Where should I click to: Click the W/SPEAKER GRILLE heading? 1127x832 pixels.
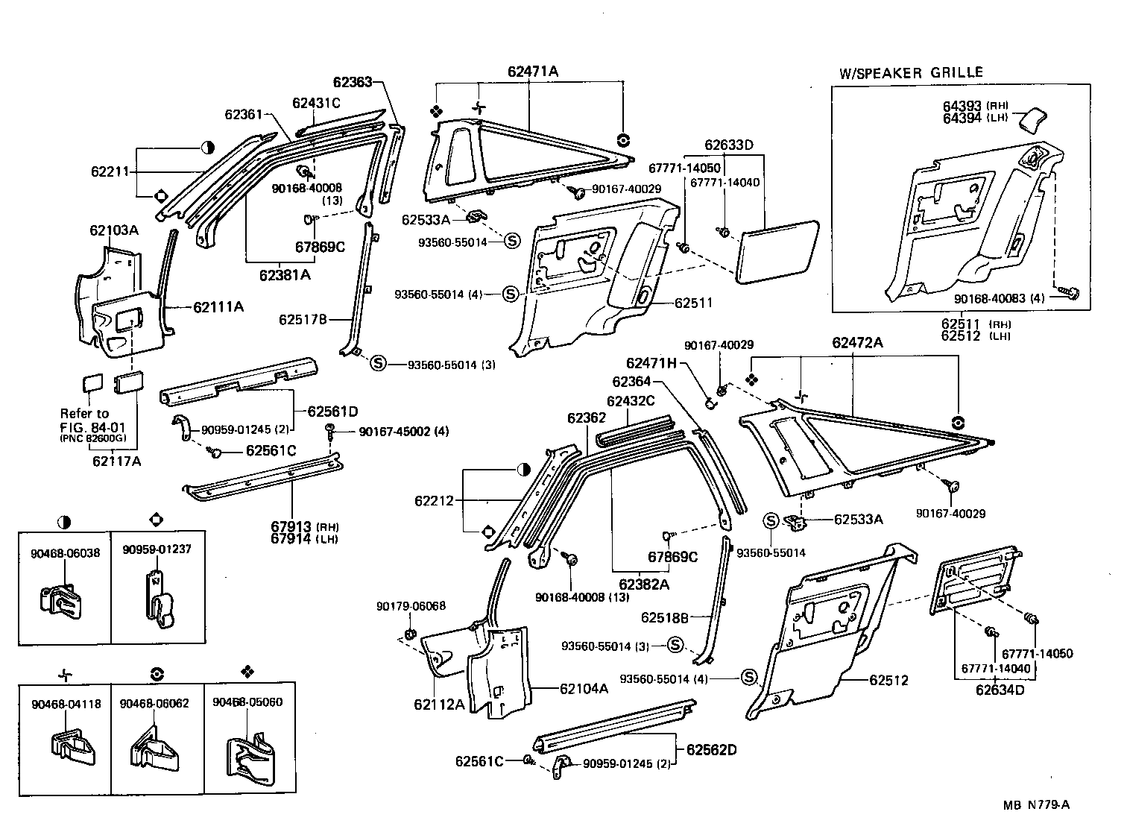coord(911,73)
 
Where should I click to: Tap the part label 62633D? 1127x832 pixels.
coord(729,144)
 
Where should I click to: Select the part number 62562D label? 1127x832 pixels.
coord(711,749)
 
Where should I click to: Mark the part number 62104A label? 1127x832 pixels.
coord(584,689)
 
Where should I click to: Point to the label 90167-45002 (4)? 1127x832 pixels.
coord(403,432)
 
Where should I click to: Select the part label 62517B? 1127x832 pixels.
coord(303,320)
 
